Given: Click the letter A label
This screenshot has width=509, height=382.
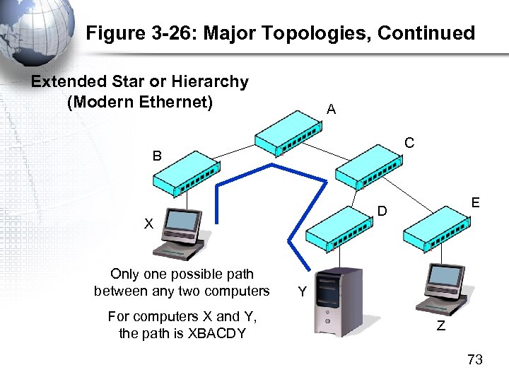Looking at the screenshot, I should coord(331,110).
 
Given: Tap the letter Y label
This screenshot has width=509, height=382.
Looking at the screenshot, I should coord(302,291).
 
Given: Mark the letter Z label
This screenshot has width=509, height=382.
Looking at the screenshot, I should coord(440,326).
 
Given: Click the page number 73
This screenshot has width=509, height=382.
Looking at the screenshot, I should coord(474,360).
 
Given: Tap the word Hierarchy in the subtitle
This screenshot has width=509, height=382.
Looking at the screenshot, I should coord(211,81).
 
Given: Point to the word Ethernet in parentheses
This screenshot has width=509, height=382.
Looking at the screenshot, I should coord(174,101).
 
